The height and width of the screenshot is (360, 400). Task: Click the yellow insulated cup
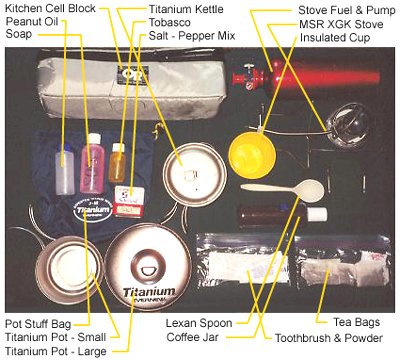252,155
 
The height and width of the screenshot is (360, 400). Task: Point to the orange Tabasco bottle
117,163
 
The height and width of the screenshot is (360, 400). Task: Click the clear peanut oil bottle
65,169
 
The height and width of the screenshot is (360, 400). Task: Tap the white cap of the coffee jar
316,214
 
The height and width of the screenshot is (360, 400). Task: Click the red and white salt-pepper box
129,202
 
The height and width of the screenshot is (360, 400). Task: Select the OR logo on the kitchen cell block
132,75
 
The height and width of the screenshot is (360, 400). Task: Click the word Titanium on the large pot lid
149,292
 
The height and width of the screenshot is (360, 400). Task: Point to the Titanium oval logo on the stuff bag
92,210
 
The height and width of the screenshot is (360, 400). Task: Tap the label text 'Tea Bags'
356,322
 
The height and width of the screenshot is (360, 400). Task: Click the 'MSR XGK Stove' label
341,24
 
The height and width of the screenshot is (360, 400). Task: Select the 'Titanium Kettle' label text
186,9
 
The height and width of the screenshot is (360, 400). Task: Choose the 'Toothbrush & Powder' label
329,338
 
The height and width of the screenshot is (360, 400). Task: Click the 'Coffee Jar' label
193,337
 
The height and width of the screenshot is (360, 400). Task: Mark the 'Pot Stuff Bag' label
38,324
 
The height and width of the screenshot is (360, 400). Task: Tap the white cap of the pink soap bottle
93,138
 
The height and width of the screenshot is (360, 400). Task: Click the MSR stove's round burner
348,126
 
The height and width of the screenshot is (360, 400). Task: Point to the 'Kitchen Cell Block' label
51,8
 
